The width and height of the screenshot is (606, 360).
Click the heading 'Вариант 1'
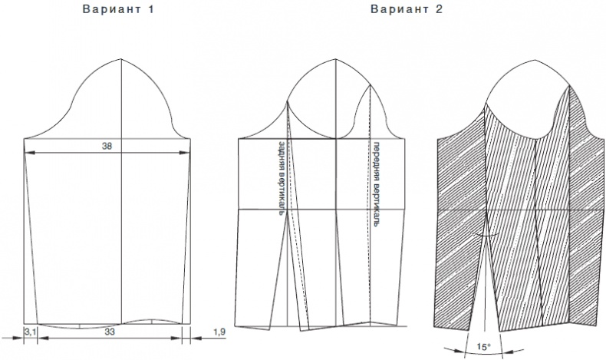[118, 9]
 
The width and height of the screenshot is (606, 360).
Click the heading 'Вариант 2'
[407, 9]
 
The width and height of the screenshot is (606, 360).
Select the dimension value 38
[107, 146]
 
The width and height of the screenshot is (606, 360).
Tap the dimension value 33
[110, 332]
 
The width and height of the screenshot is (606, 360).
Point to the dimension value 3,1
[31, 332]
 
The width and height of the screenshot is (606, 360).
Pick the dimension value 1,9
[219, 332]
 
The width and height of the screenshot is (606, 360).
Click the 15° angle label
[483, 347]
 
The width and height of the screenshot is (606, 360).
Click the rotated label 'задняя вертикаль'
[282, 178]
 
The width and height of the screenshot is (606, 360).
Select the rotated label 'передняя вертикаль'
[376, 183]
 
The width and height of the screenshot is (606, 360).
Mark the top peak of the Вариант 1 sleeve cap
[121, 59]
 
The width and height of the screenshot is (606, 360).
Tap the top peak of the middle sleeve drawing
[335, 59]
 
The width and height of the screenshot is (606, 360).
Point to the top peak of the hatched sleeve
[535, 61]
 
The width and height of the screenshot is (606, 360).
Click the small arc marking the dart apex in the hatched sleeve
[486, 235]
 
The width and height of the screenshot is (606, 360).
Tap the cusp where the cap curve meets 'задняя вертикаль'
[287, 101]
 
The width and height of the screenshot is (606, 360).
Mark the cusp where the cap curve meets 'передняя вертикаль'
[370, 85]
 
